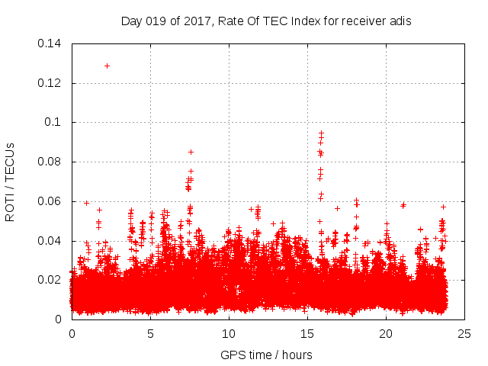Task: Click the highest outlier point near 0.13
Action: point(107,66)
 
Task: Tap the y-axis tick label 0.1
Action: point(53,122)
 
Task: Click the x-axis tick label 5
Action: point(150,334)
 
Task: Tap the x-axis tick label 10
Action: point(229,334)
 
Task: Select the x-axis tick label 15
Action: point(307,334)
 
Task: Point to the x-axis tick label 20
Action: point(386,334)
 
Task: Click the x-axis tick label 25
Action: point(464,334)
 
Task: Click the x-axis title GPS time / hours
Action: point(266,355)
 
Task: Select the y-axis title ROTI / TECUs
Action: point(11,181)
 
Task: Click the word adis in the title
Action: point(400,21)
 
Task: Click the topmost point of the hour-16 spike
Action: point(321,133)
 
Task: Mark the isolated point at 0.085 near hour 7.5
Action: point(191,152)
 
